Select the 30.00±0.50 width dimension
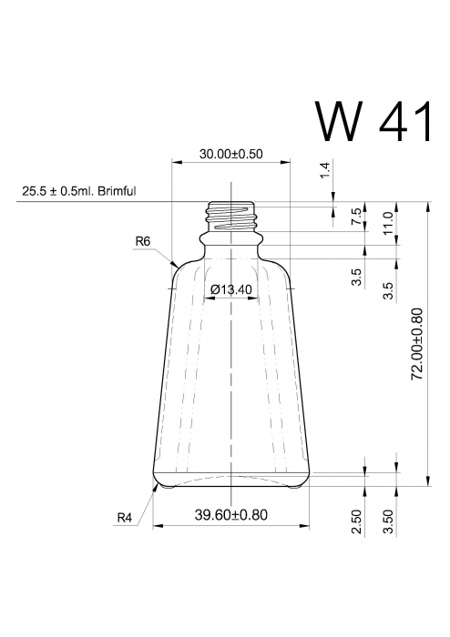pos(230,154)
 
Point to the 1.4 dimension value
pos(325,170)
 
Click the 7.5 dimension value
pos(356,217)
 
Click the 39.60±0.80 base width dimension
pos(230,515)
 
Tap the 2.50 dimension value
pos(357,521)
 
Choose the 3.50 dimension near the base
pos(388,521)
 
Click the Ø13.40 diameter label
pos(230,289)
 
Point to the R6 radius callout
pos(141,241)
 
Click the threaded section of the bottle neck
pos(230,216)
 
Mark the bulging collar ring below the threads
pos(230,239)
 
